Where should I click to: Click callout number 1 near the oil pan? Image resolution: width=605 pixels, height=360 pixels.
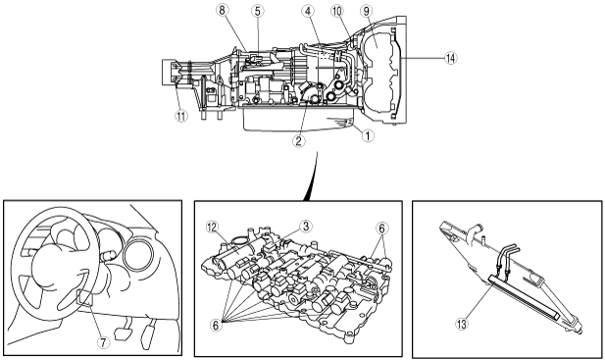tap(368, 135)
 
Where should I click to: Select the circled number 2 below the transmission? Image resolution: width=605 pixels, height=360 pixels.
tap(299, 141)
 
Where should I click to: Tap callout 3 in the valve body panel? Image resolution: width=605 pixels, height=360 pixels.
tap(306, 227)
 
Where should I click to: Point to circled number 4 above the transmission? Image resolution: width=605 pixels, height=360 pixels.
tap(308, 11)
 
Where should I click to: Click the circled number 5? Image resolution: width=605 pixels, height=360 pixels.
tap(258, 11)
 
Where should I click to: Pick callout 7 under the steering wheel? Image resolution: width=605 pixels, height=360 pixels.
tap(103, 342)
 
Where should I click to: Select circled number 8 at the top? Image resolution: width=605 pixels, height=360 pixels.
tap(222, 10)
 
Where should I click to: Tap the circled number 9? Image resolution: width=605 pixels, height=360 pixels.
tap(367, 11)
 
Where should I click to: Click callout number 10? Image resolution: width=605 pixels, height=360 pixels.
tap(337, 11)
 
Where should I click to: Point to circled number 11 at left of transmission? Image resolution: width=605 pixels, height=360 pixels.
tap(181, 116)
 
